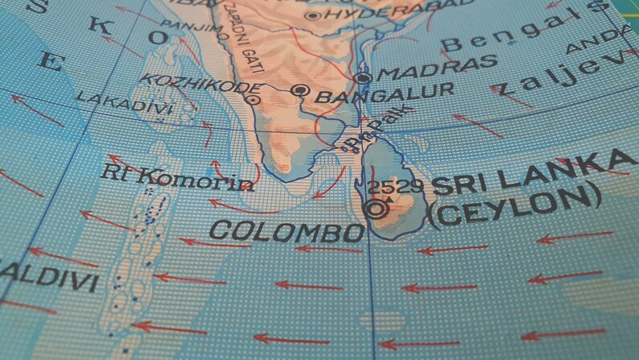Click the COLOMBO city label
[286, 231]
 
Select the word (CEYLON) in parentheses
[515, 207]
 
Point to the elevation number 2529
[398, 187]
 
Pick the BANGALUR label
[385, 94]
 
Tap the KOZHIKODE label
[200, 83]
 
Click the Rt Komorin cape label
[179, 176]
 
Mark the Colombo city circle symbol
[374, 209]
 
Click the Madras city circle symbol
[363, 78]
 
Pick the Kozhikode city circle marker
[253, 100]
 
